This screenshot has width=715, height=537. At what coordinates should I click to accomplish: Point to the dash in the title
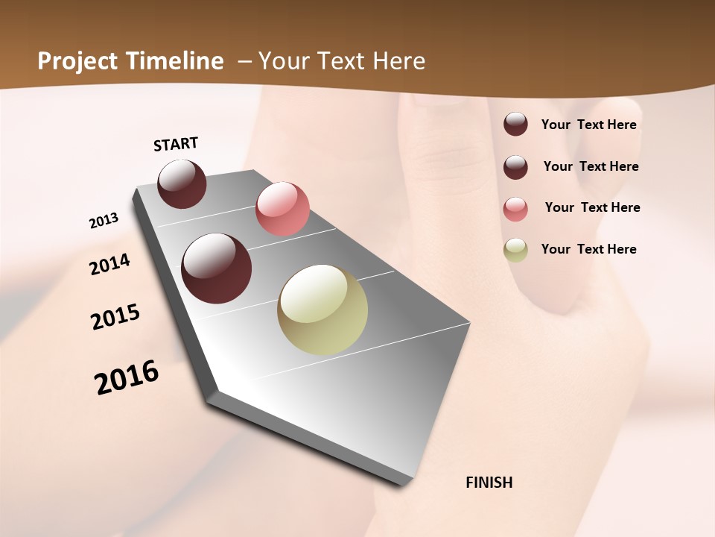[x=244, y=61]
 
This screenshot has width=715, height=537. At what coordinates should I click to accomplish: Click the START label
[x=176, y=144]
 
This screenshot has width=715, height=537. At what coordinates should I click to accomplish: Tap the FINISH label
[x=489, y=483]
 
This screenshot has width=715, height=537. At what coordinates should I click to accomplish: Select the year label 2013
[x=104, y=221]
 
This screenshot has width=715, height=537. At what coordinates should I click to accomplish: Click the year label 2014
[x=109, y=264]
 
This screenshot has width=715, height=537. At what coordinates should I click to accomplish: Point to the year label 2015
[x=115, y=317]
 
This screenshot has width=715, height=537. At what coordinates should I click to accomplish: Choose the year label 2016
[x=127, y=377]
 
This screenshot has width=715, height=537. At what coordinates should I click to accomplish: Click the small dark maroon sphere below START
[x=182, y=183]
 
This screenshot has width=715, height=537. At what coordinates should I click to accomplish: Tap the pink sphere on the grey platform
[x=282, y=208]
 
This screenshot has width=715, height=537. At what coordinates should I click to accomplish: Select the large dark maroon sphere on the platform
[x=216, y=268]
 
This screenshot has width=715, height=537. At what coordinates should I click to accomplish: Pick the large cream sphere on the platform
[x=322, y=310]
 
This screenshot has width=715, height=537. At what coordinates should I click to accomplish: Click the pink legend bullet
[x=515, y=209]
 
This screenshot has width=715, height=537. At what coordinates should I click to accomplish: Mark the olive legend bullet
[x=515, y=250]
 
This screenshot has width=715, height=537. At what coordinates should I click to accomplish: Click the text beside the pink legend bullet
[x=592, y=207]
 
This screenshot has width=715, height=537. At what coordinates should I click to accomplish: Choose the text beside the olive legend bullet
[x=588, y=249]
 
